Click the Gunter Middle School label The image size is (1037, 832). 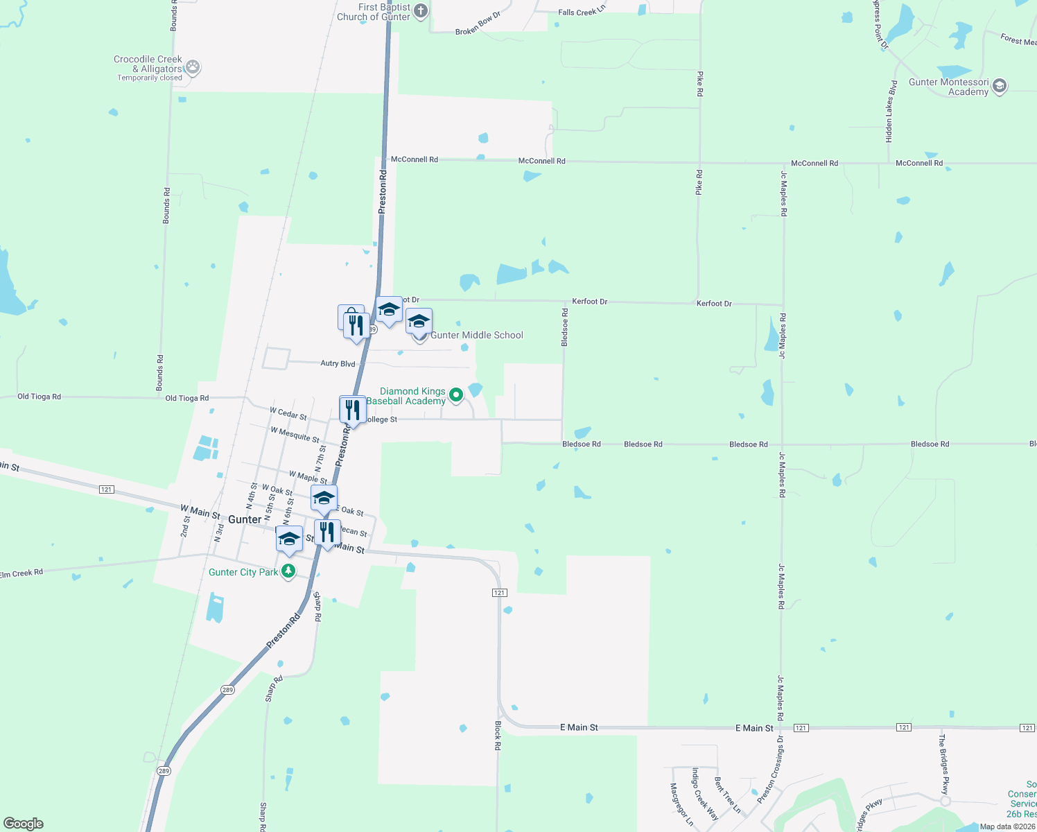(x=477, y=336)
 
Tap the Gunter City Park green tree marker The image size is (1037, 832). (x=288, y=572)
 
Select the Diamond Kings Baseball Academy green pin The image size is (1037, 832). (x=456, y=395)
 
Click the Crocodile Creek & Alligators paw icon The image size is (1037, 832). (x=193, y=67)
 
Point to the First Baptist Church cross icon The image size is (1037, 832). (x=421, y=12)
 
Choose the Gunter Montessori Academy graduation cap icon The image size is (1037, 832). (x=999, y=86)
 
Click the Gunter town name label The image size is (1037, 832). (x=245, y=519)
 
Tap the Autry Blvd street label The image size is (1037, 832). (x=338, y=363)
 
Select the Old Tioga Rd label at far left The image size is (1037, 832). (x=39, y=397)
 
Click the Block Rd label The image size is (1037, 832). (x=498, y=736)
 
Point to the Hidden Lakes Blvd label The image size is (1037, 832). (x=891, y=112)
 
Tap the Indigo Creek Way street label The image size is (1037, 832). (x=706, y=794)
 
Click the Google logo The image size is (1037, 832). (x=24, y=824)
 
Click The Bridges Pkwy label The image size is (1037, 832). (x=943, y=765)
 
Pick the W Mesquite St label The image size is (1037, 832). (x=295, y=435)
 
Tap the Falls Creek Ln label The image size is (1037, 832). (x=582, y=12)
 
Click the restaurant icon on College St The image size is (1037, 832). (x=353, y=410)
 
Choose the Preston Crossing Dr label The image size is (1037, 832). (x=771, y=770)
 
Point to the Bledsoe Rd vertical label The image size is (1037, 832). (x=565, y=327)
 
